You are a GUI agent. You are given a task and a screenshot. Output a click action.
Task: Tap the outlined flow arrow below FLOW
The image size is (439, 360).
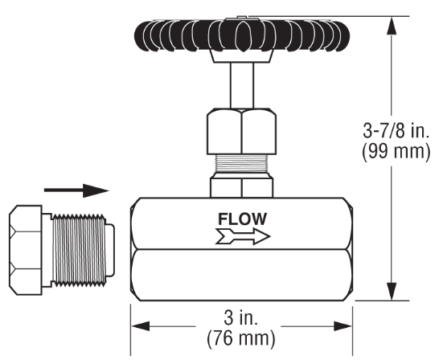(x=242, y=236)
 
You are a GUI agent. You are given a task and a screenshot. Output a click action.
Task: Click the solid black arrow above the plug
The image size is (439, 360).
(x=76, y=190)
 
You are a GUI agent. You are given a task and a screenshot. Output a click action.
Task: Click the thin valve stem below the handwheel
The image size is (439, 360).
(x=241, y=84)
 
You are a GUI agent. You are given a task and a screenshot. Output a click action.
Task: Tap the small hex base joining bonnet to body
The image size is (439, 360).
(x=241, y=186)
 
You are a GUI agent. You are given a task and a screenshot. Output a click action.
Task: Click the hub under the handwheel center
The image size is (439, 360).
(x=241, y=57)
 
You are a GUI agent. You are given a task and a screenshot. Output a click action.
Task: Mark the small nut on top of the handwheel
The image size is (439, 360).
(x=241, y=15)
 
